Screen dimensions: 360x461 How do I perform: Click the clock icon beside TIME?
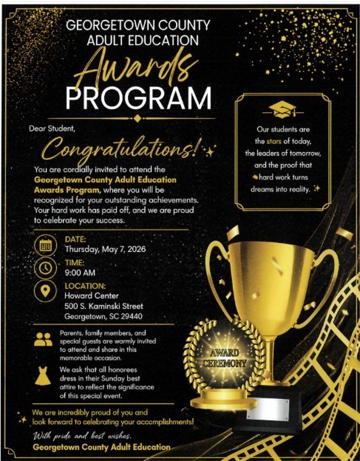(x=44, y=267)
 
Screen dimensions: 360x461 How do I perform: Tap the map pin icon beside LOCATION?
(x=44, y=291)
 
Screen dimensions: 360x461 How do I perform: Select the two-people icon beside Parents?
(x=43, y=341)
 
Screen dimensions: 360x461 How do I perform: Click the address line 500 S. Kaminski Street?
(x=103, y=306)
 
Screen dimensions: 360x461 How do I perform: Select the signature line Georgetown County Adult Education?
(x=101, y=448)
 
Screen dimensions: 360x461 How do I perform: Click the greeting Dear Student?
(x=52, y=129)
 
